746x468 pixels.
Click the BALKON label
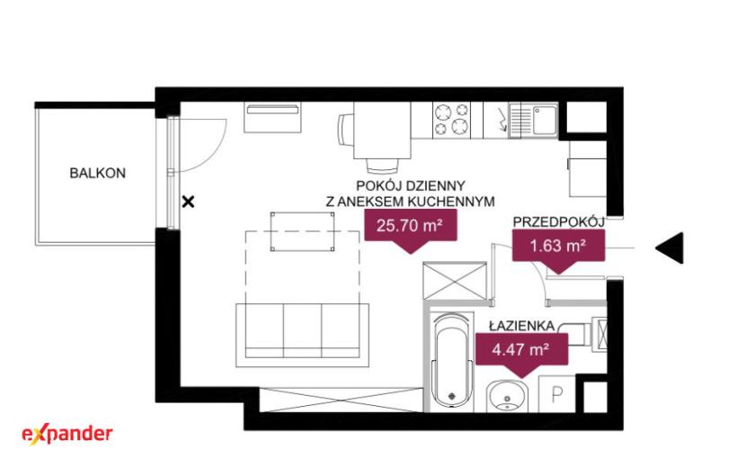pos(98,173)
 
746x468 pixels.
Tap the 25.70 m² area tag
pos(411,230)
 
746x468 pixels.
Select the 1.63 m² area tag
pos(558,251)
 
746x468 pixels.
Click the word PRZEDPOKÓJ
pos(558,221)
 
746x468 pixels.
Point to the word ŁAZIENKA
pos(522,326)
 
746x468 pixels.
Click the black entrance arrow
pos(670,247)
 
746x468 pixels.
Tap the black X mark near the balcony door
pos(189,202)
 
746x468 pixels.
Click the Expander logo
pos(67,435)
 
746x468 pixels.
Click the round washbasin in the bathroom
pos(507,396)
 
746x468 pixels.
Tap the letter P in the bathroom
pos(556,394)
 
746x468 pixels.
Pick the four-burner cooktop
pos(451,120)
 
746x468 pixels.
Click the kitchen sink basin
pos(545,120)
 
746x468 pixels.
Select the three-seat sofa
pos(303,336)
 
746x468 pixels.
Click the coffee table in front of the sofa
pos(302,231)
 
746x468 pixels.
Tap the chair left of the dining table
pos(346,129)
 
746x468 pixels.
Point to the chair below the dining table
pos(383,166)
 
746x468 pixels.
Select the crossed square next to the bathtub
pos(456,281)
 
